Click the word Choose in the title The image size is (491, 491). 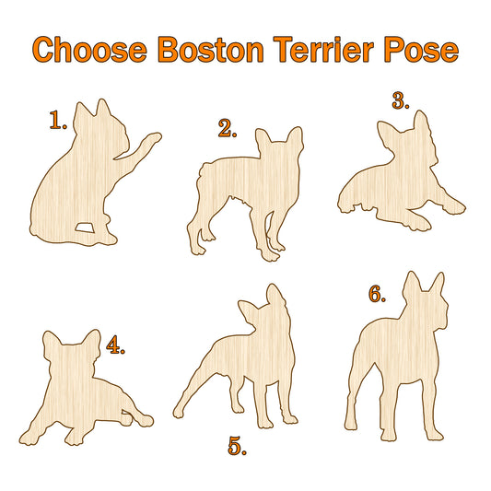[89, 50]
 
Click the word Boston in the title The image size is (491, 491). [211, 50]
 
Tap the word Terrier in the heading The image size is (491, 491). [323, 50]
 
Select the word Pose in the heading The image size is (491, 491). [422, 50]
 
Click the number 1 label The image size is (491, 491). [58, 121]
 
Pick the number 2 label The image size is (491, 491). [228, 128]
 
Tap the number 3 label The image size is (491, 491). [401, 100]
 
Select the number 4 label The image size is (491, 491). [115, 345]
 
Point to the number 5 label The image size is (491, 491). [237, 446]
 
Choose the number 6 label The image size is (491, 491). [377, 294]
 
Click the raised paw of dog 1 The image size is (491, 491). [153, 138]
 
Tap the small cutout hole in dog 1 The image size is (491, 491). [85, 228]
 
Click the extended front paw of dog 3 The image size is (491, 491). [455, 207]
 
